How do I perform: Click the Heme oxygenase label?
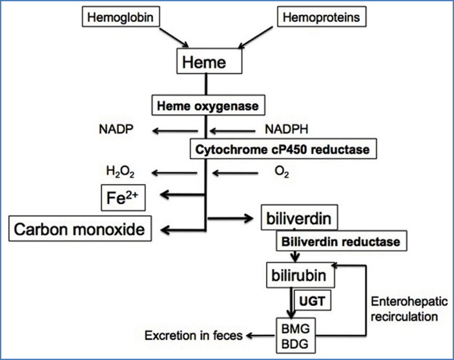[x=199, y=103]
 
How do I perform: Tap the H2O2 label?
[x=118, y=172]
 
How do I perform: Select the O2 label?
[x=283, y=173]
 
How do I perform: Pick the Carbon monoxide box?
[x=79, y=228]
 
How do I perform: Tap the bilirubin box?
[x=300, y=276]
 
